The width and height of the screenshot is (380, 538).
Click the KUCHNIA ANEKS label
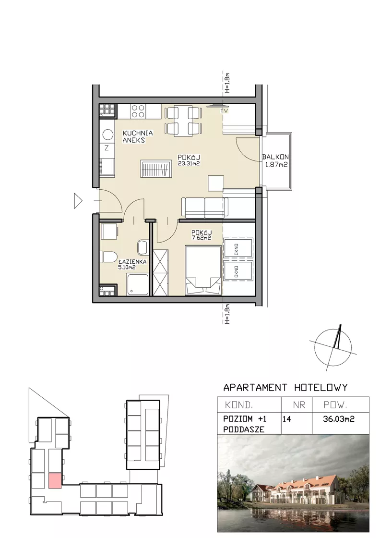click(138, 136)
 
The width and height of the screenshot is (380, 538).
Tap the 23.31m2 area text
click(189, 164)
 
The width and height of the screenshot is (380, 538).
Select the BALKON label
click(275, 157)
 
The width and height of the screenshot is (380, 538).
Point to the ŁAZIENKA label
click(132, 261)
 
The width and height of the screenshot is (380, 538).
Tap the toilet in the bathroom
click(108, 257)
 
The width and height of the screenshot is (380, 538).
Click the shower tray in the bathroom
click(138, 284)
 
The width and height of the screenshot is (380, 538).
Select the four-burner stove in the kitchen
click(138, 111)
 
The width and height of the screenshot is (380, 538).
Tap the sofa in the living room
click(204, 207)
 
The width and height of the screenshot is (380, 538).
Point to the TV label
click(224, 111)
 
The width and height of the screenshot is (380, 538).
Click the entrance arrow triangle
click(78, 201)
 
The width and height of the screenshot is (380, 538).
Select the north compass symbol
click(333, 348)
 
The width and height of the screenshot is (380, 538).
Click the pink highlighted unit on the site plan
click(55, 480)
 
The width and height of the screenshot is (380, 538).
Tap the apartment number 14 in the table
click(286, 419)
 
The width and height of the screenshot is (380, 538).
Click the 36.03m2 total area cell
click(339, 418)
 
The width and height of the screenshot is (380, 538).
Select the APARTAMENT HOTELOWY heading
click(285, 388)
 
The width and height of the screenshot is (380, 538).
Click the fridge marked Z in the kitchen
click(107, 148)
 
